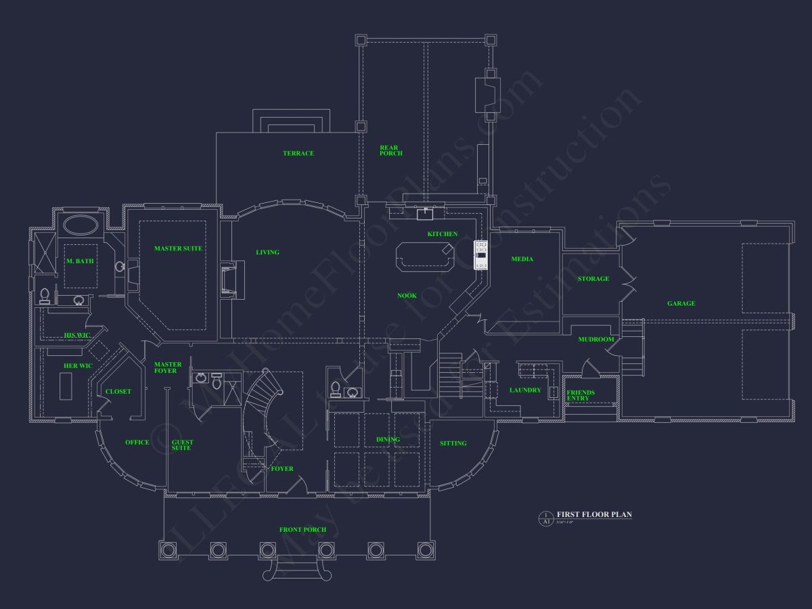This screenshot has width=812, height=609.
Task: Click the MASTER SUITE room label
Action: tap(178, 248)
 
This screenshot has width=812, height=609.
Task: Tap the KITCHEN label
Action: tap(443, 234)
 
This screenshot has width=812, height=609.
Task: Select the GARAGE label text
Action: tap(681, 304)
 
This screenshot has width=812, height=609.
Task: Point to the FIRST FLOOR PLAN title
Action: tap(594, 515)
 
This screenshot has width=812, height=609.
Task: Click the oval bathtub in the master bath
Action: tap(81, 225)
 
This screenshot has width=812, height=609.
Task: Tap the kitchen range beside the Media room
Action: tap(481, 255)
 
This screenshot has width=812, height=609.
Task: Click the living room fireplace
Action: tap(228, 279)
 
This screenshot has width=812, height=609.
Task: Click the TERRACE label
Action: tap(298, 154)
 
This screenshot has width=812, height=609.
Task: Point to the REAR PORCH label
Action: tap(390, 150)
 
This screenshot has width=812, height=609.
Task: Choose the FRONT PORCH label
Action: tap(302, 530)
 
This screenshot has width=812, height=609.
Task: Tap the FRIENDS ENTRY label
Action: tap(581, 395)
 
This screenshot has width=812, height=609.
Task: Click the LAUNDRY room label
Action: tap(525, 390)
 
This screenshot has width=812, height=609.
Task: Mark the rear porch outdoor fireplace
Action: tap(487, 94)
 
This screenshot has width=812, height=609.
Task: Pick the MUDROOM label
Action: tap(595, 340)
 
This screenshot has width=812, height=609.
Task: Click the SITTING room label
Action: tap(453, 444)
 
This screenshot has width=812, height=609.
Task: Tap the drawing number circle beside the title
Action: tap(545, 518)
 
